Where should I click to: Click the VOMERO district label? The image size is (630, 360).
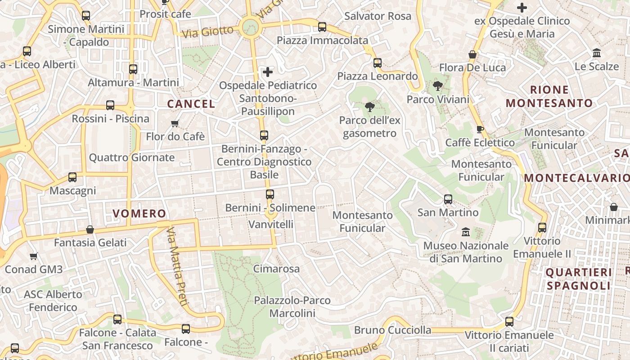pyautogui.click(x=139, y=213)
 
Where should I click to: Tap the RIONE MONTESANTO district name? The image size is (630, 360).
pyautogui.click(x=549, y=96)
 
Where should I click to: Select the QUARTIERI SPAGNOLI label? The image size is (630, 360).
pyautogui.click(x=579, y=279)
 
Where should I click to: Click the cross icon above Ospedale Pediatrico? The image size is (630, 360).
pyautogui.click(x=268, y=72)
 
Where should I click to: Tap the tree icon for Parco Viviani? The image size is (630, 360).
pyautogui.click(x=437, y=86)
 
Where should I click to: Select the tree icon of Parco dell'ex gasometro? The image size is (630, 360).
pyautogui.click(x=369, y=107)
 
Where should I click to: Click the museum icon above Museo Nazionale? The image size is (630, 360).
pyautogui.click(x=466, y=232)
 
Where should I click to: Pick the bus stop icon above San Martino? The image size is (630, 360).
pyautogui.click(x=448, y=199)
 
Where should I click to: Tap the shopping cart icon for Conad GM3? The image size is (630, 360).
pyautogui.click(x=33, y=256)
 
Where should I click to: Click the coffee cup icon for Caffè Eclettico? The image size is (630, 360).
pyautogui.click(x=480, y=129)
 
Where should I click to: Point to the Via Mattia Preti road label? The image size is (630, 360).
pyautogui.click(x=177, y=266)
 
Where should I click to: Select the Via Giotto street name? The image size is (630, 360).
pyautogui.click(x=207, y=31)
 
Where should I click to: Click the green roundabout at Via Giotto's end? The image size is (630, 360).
pyautogui.click(x=250, y=27)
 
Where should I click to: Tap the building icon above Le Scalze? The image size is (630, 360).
pyautogui.click(x=597, y=53)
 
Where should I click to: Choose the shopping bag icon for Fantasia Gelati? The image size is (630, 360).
pyautogui.click(x=90, y=229)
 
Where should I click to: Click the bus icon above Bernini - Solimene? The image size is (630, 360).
pyautogui.click(x=270, y=194)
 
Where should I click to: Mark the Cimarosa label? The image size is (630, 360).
pyautogui.click(x=276, y=269)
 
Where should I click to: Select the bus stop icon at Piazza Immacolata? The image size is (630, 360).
pyautogui.click(x=322, y=27)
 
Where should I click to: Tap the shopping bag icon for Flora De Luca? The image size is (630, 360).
pyautogui.click(x=472, y=54)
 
